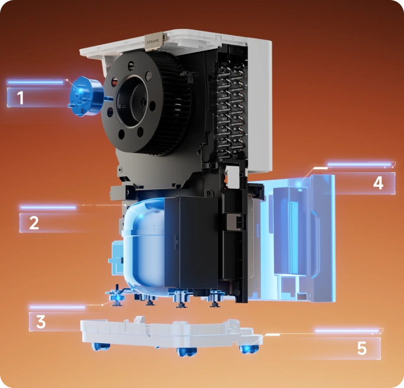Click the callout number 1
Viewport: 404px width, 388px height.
click(x=21, y=98)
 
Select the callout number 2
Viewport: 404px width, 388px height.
click(x=34, y=223)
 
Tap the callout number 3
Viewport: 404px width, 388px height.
click(x=40, y=322)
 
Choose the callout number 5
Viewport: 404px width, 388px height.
click(x=362, y=348)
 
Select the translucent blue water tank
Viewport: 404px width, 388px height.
click(x=295, y=236)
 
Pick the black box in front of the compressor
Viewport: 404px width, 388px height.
click(x=192, y=242)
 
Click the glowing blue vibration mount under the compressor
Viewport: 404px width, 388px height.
click(x=118, y=297)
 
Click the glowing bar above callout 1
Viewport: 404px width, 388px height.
click(x=35, y=83)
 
